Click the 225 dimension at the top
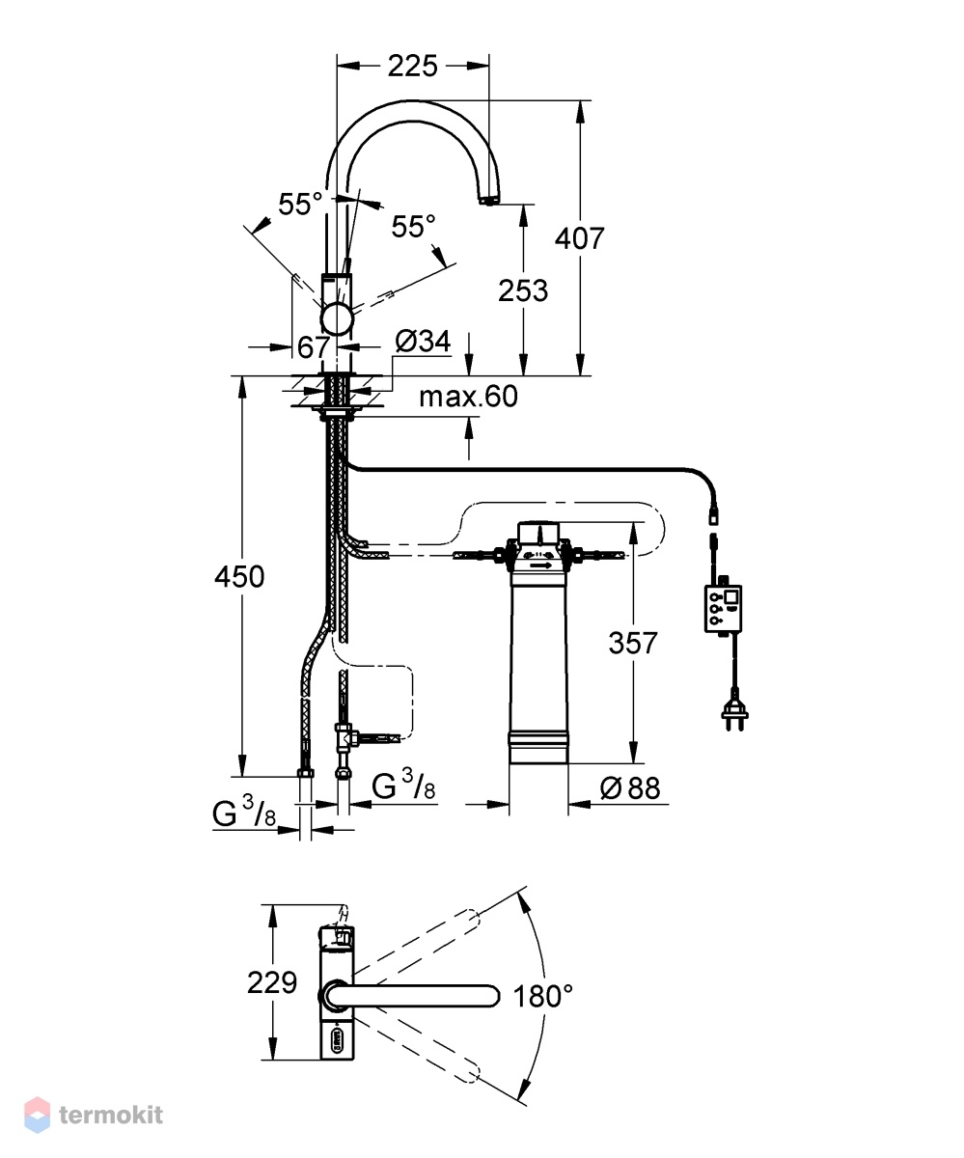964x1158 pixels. (x=412, y=66)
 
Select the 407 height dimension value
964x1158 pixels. (x=580, y=238)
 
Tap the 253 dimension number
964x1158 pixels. (x=522, y=290)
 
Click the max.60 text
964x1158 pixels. (x=468, y=397)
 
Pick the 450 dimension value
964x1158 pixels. (x=239, y=577)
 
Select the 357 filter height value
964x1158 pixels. (x=633, y=643)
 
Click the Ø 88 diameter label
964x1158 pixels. (x=630, y=788)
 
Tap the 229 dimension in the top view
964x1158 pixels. (x=272, y=982)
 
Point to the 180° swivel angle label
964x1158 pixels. (x=543, y=996)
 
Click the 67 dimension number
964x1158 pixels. (x=314, y=347)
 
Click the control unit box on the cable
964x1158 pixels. (x=723, y=608)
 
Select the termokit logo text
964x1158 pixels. (x=111, y=1115)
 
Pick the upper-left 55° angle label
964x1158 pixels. (x=300, y=204)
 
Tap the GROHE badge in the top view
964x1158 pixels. (x=336, y=1047)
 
